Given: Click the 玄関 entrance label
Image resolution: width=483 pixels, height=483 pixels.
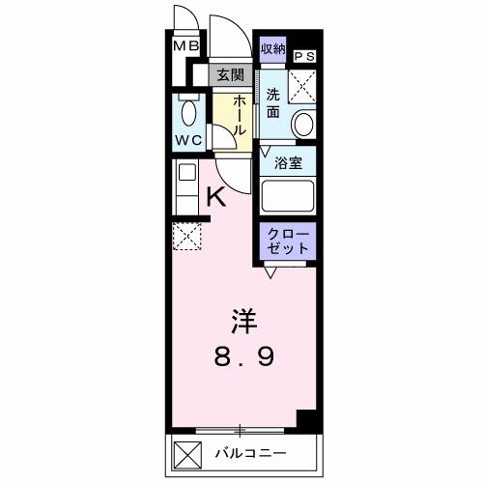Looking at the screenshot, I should click(x=230, y=74).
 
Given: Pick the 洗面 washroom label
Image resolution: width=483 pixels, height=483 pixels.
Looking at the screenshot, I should click(x=273, y=103).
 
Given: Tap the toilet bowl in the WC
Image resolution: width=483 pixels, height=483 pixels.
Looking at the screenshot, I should click(x=188, y=112).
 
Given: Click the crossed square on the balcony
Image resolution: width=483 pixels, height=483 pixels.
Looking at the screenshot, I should click(x=187, y=450).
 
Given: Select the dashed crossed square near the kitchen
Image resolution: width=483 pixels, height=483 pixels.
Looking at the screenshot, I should click(x=185, y=235).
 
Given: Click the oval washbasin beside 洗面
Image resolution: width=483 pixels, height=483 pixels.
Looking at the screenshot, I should click(x=305, y=125).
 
